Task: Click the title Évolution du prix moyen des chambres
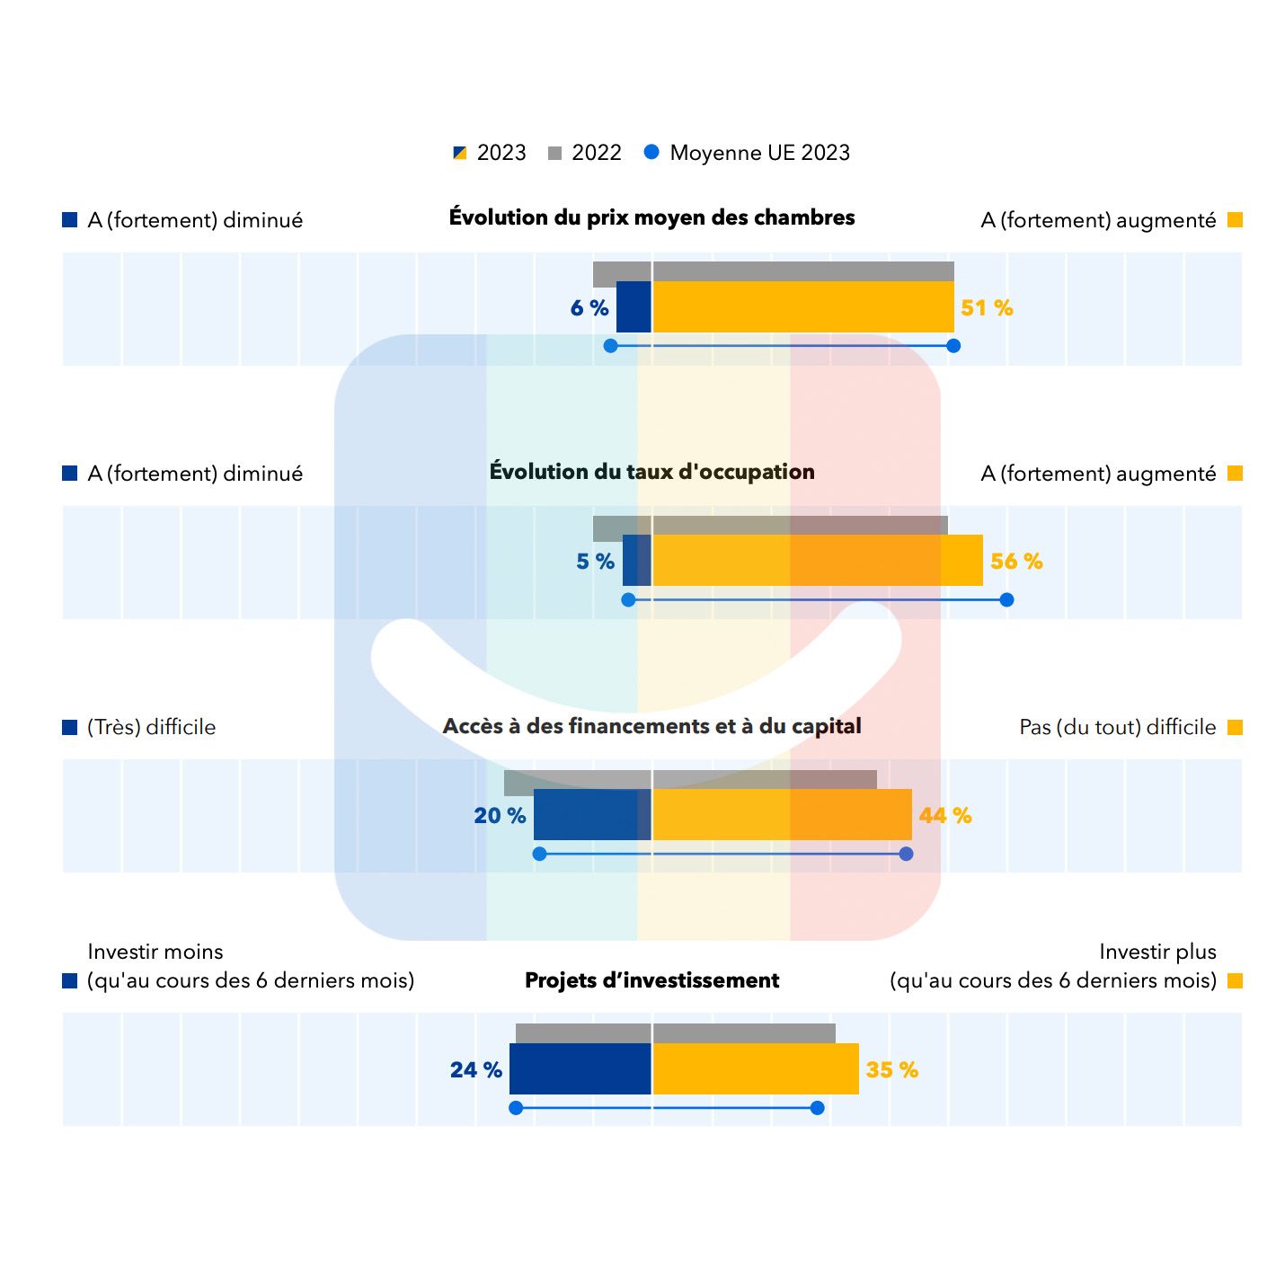pyautogui.click(x=651, y=217)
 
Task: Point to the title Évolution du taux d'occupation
pyautogui.click(x=651, y=472)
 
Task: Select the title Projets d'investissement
pyautogui.click(x=651, y=980)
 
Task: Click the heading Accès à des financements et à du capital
pyautogui.click(x=651, y=726)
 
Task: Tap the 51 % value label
pyautogui.click(x=987, y=308)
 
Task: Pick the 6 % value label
pyautogui.click(x=589, y=308)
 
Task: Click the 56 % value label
pyautogui.click(x=1016, y=562)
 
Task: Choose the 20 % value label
pyautogui.click(x=500, y=816)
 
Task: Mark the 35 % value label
pyautogui.click(x=891, y=1070)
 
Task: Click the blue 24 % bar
pyautogui.click(x=580, y=1068)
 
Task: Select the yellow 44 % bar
pyautogui.click(x=782, y=815)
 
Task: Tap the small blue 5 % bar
pyautogui.click(x=636, y=561)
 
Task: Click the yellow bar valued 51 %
pyautogui.click(x=802, y=307)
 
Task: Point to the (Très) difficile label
pyautogui.click(x=151, y=727)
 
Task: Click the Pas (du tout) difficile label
pyautogui.click(x=1117, y=727)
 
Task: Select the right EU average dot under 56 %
pyautogui.click(x=1006, y=599)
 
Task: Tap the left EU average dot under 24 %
pyautogui.click(x=516, y=1108)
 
